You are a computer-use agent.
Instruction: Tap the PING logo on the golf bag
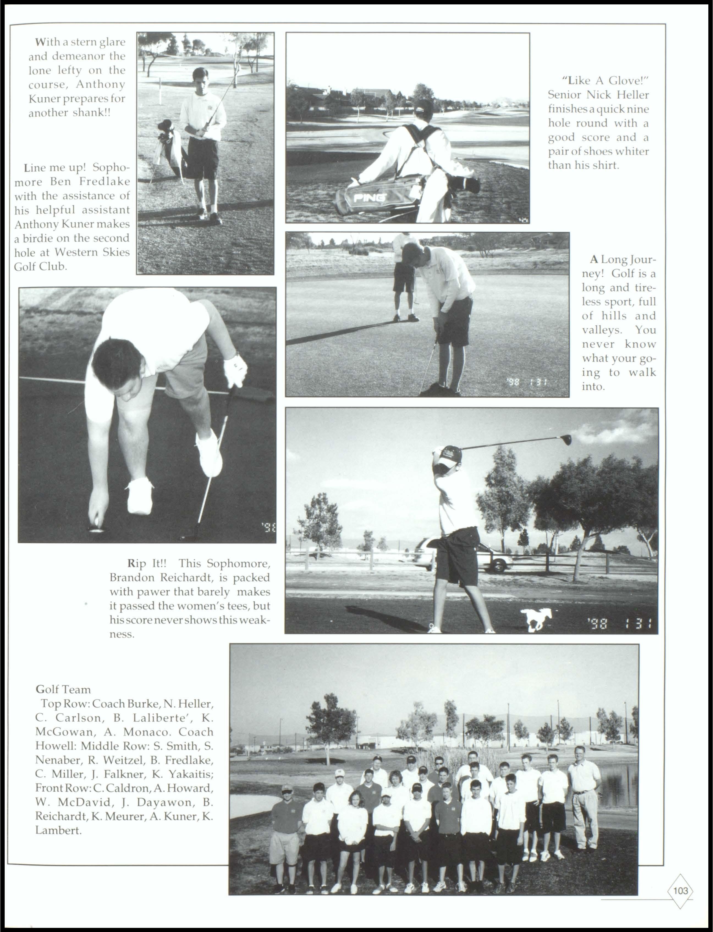pos(370,197)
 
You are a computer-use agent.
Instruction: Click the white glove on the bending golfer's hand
pos(236,370)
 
